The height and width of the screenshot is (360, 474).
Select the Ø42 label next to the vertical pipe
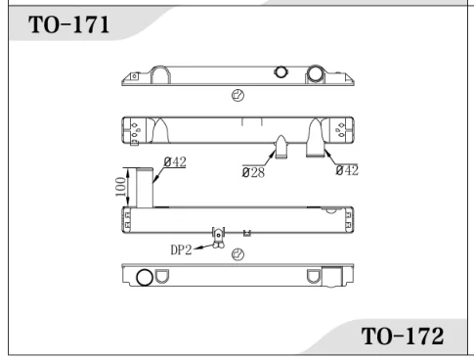point(175,162)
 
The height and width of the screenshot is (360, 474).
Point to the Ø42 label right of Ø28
point(345,171)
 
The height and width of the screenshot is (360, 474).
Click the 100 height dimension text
point(117,186)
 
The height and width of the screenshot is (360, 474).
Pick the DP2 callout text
point(183,248)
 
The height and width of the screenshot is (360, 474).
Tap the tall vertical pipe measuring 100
point(143,186)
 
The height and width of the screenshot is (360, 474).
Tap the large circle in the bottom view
point(144,277)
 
